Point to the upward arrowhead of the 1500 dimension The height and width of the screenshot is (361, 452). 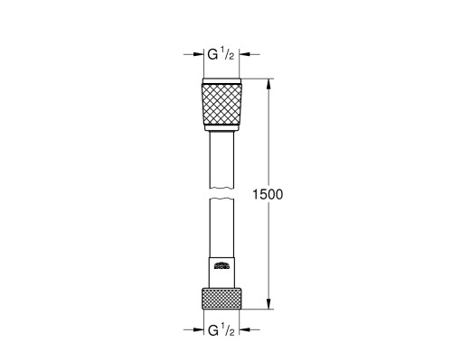[x=269, y=84]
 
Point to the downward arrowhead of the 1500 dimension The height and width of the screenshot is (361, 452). [x=269, y=305]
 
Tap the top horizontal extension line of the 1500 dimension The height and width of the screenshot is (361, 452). [x=258, y=79]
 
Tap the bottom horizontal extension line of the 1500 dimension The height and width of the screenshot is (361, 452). [x=258, y=310]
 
